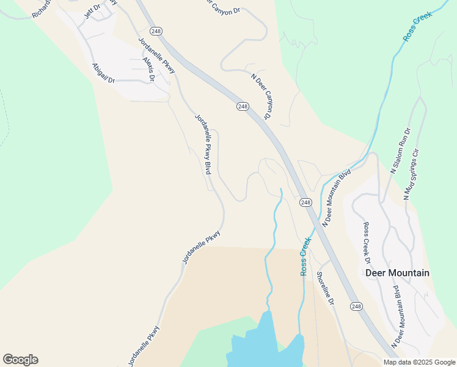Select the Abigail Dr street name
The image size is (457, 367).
[x=103, y=73]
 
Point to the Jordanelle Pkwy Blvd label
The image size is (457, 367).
[x=203, y=144]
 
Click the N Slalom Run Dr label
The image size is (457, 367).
[x=401, y=151]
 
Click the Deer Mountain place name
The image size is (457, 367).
[x=397, y=273]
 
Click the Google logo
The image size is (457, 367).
[x=20, y=360]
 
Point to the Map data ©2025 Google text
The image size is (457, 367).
[x=419, y=362]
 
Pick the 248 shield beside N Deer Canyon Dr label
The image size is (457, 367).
[x=243, y=106]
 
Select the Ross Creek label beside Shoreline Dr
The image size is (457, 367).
[x=305, y=257]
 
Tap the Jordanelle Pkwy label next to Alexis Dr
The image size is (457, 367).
[x=157, y=56]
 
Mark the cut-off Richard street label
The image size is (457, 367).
[x=42, y=9]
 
